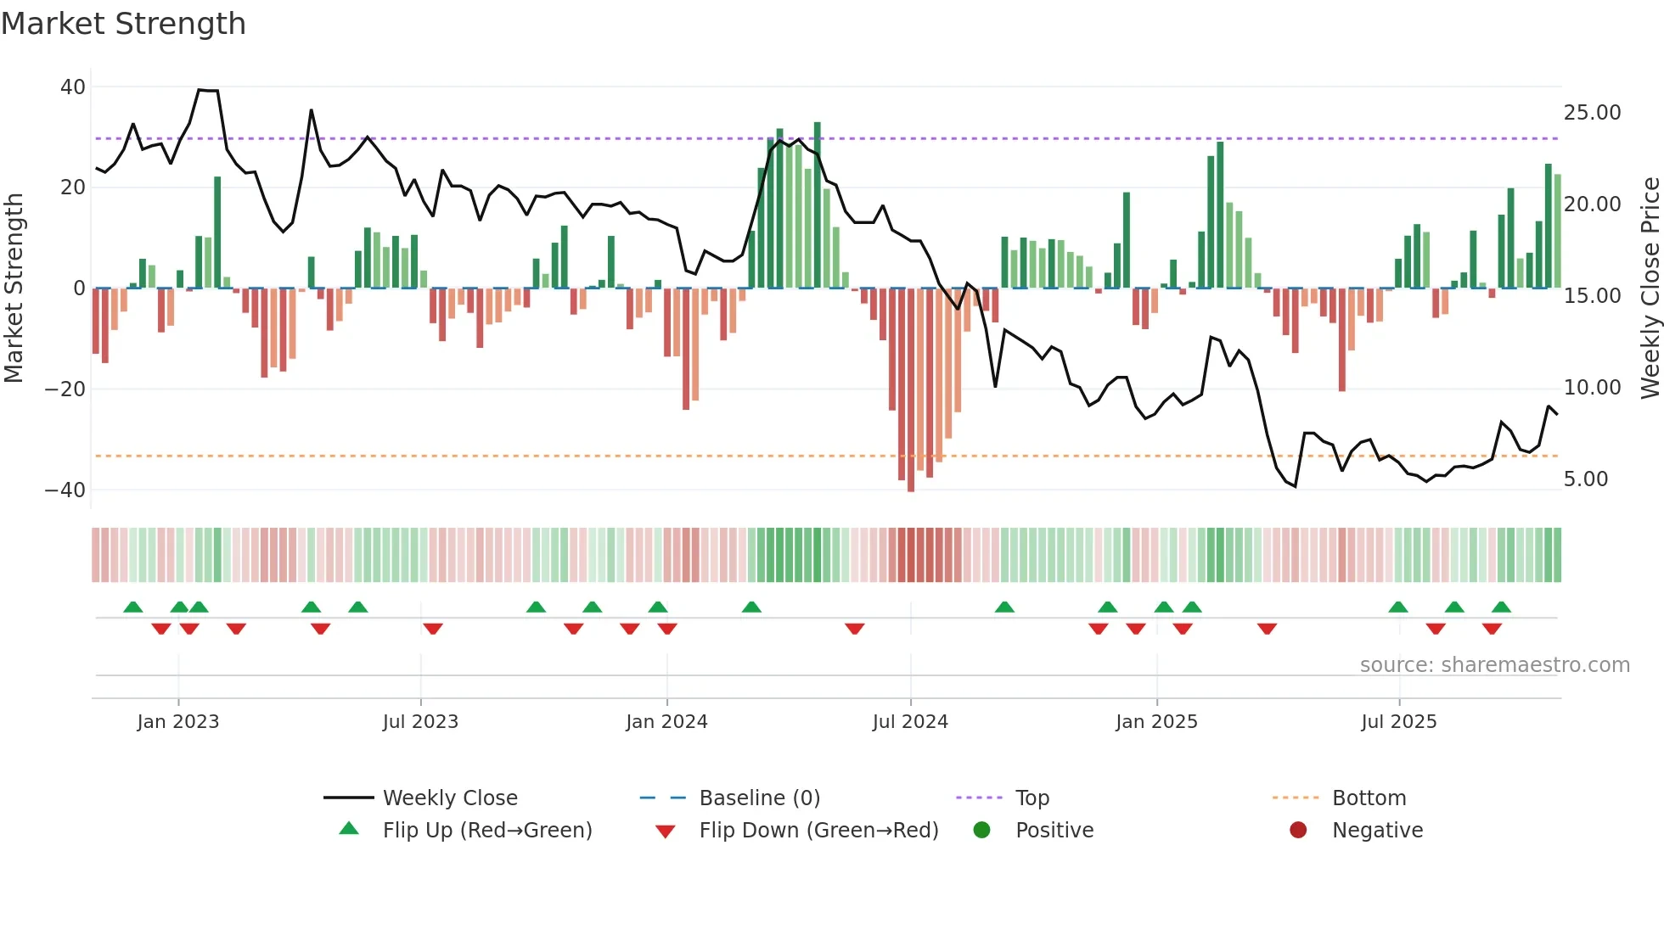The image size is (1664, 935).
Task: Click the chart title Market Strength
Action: click(x=123, y=24)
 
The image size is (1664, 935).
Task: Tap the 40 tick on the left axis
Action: click(x=73, y=87)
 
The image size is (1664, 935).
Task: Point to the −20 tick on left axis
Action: click(x=65, y=389)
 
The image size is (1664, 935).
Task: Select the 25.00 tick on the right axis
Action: click(x=1592, y=113)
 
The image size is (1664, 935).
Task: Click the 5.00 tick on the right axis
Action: click(x=1585, y=479)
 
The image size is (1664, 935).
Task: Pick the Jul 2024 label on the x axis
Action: click(x=909, y=722)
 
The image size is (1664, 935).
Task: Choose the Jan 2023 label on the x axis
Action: click(x=177, y=722)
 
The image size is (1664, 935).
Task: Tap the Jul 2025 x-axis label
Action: click(x=1398, y=722)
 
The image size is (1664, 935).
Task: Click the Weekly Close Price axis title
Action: click(x=1650, y=288)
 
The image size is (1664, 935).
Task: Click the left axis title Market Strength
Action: click(x=14, y=288)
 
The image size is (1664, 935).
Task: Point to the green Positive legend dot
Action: click(x=981, y=831)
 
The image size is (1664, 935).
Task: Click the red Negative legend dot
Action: click(x=1297, y=831)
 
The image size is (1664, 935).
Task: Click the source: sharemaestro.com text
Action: click(x=1494, y=665)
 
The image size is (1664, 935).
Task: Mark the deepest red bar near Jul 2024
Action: click(x=911, y=390)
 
